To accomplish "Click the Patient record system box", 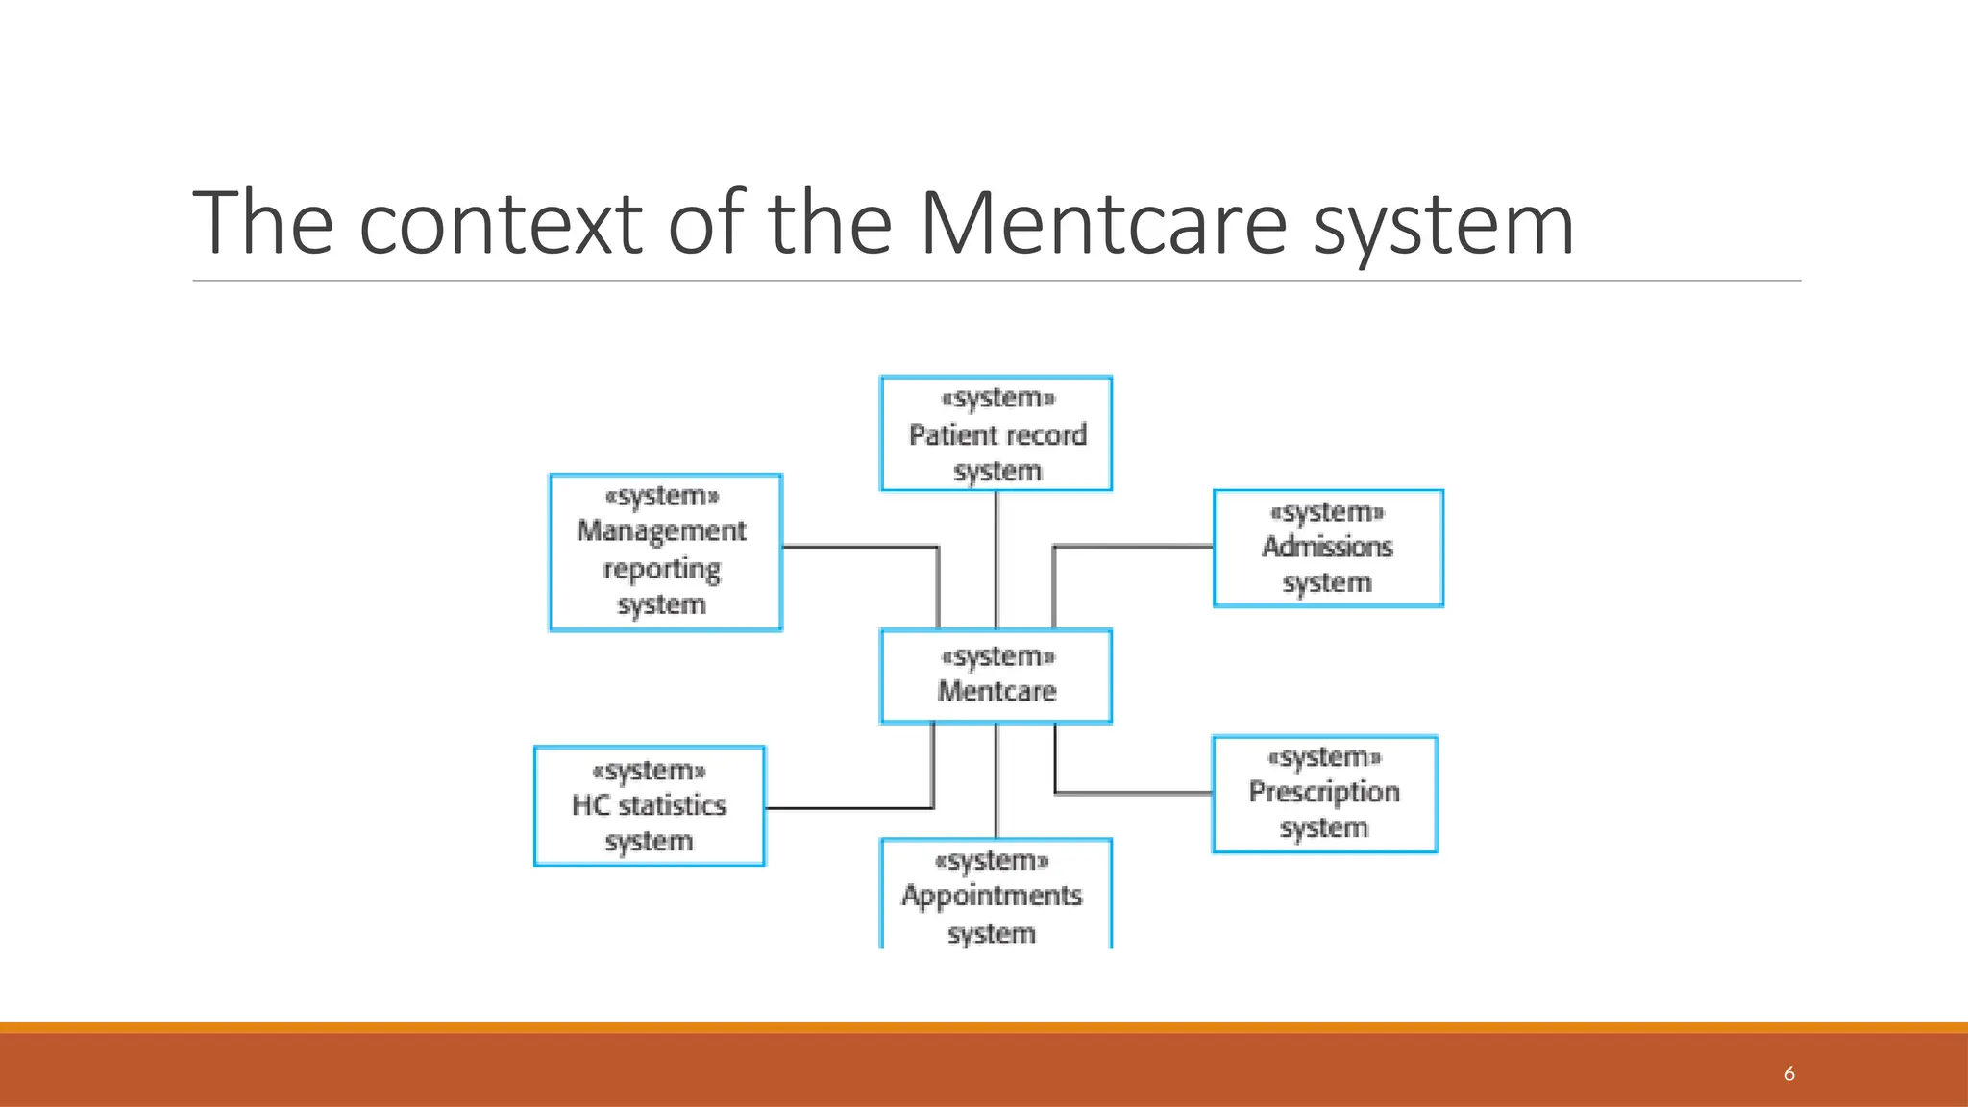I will (x=996, y=433).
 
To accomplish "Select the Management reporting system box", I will (x=665, y=553).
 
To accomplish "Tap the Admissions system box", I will (x=1328, y=548).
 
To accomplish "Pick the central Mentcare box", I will (x=996, y=676).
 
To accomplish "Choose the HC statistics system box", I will (x=650, y=806).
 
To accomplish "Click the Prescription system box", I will (x=1325, y=794).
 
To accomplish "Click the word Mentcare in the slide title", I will (x=1103, y=224).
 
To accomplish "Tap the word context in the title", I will (x=501, y=224).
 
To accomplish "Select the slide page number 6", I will (x=1789, y=1073).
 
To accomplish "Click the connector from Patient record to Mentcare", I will (x=996, y=560).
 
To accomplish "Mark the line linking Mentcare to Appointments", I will (x=996, y=780).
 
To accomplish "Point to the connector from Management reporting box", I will (x=860, y=547).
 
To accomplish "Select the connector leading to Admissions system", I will (x=1134, y=546).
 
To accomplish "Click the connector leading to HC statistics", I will (x=850, y=808).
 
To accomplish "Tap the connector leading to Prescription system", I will (x=1134, y=794).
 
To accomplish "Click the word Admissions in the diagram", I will (x=1327, y=547).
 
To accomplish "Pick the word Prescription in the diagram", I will (x=1324, y=792).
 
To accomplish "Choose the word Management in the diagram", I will (x=661, y=530).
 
